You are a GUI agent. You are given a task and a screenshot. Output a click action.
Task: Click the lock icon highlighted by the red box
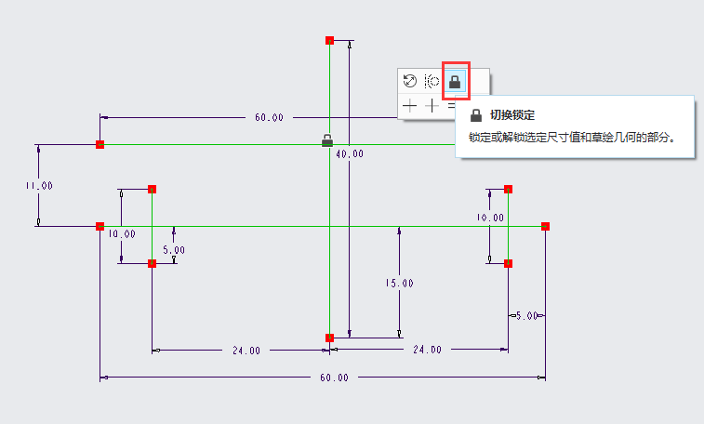point(455,82)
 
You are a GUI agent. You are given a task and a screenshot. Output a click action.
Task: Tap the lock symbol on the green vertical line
point(327,141)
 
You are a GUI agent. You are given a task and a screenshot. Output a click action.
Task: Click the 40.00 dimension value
point(350,154)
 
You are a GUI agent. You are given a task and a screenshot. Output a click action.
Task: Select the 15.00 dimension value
point(400,283)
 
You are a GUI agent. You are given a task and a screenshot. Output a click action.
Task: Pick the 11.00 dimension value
point(39,186)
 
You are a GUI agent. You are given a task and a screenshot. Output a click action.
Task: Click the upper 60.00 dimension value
point(269,118)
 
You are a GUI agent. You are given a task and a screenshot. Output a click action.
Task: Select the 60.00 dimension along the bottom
point(335,378)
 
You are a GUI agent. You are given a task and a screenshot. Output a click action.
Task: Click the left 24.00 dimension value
point(246,351)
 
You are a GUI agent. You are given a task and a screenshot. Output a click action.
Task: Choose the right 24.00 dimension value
point(427,350)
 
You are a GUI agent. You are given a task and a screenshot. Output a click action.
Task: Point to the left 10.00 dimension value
point(121,234)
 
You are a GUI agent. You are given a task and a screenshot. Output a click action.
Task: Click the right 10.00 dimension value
point(490,218)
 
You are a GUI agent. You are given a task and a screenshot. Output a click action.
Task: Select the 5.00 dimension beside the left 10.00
point(174,249)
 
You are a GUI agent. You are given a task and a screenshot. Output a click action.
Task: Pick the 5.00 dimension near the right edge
point(527,316)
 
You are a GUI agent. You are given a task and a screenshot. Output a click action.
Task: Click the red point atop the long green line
point(329,40)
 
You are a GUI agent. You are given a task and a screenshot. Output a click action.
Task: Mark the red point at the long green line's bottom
point(329,338)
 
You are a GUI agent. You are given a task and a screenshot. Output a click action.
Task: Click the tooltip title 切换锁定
point(512,115)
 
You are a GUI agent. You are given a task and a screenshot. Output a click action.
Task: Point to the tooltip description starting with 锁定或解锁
point(571,137)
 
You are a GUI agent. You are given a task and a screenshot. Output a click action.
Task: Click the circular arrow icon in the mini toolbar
point(410,82)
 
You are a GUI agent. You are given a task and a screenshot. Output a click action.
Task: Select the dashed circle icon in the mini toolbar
point(432,82)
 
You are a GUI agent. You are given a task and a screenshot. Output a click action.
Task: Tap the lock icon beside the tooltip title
point(476,115)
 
